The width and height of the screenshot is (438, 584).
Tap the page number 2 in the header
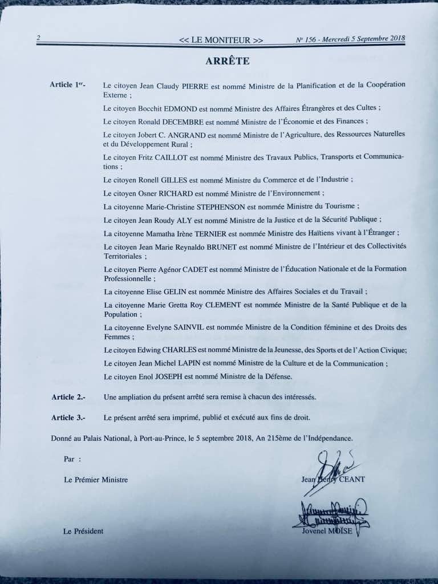(38, 39)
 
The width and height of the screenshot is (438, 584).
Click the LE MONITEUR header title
(221, 40)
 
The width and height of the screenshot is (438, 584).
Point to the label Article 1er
(68, 85)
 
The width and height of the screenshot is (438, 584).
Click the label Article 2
(68, 396)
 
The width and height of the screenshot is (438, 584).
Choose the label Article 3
(68, 417)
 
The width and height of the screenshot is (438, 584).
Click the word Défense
(278, 377)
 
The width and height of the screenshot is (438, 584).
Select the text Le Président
(83, 531)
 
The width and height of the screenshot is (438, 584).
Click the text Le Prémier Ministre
(96, 480)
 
